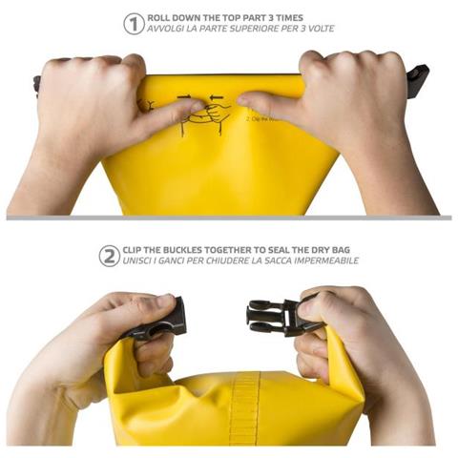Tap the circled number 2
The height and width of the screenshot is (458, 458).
(110, 255)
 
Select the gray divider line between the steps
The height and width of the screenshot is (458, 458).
(229, 218)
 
